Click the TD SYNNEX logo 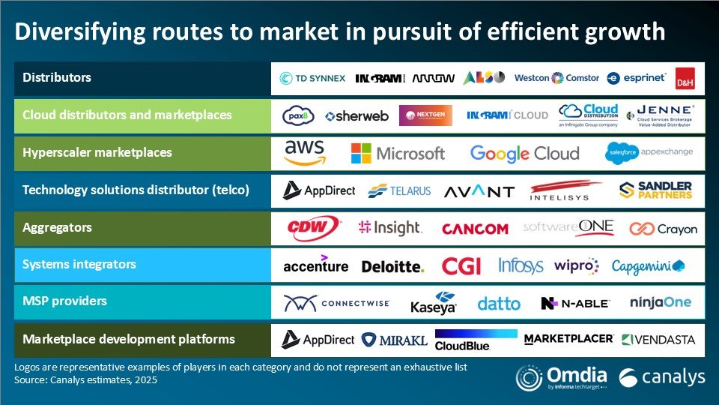pyautogui.click(x=312, y=78)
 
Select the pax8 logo pyautogui.click(x=298, y=115)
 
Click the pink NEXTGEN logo pyautogui.click(x=425, y=115)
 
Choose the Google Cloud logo pyautogui.click(x=524, y=153)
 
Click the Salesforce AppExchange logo pyautogui.click(x=649, y=152)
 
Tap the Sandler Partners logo pyautogui.click(x=656, y=190)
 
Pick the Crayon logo pyautogui.click(x=663, y=228)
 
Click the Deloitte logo pyautogui.click(x=392, y=266)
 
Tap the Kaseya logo pyautogui.click(x=434, y=302)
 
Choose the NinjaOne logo pyautogui.click(x=661, y=303)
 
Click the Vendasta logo pyautogui.click(x=658, y=340)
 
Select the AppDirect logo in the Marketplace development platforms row pyautogui.click(x=318, y=340)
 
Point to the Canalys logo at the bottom pyautogui.click(x=662, y=376)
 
